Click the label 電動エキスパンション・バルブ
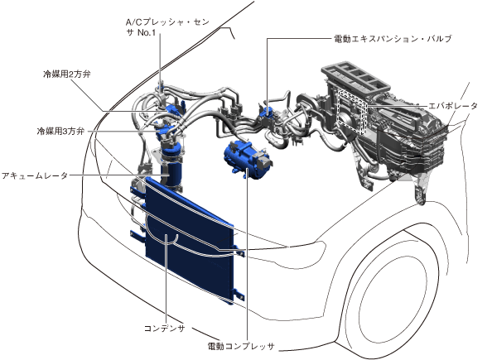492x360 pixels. (x=393, y=39)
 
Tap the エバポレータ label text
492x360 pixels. (x=453, y=106)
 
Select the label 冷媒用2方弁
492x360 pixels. (x=66, y=74)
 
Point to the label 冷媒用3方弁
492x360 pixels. (x=60, y=131)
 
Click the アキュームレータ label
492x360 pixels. (x=35, y=175)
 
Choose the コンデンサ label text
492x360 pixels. (x=165, y=329)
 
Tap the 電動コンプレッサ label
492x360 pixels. (x=241, y=346)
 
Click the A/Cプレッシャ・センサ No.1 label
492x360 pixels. (x=167, y=27)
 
